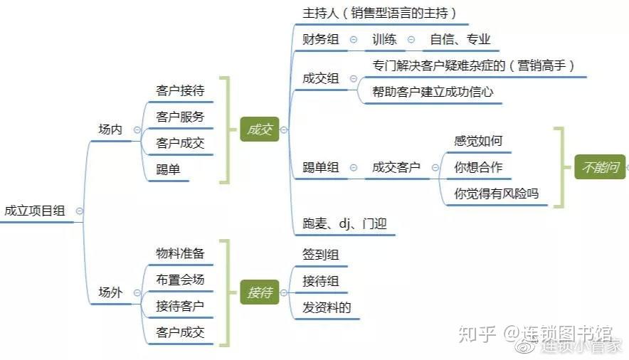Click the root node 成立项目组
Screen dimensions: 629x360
34,211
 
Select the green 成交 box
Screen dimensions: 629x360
260,129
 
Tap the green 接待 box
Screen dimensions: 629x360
260,292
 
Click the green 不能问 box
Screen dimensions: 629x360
600,166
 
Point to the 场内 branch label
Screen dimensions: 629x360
110,129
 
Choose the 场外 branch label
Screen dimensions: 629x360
110,292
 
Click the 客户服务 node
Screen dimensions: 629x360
180,117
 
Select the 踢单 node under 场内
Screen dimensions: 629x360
168,169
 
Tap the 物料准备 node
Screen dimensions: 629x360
180,253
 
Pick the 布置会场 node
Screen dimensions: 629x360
180,280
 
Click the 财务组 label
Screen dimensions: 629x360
320,39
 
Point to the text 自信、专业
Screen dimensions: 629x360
460,39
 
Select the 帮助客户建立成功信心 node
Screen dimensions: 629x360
433,92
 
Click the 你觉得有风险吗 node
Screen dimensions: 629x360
496,194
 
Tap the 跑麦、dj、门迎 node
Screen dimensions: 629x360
344,223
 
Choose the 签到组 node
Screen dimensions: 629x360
320,255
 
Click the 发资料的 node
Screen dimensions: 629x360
327,307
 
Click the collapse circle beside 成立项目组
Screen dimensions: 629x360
80,211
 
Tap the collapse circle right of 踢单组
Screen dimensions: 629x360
354,168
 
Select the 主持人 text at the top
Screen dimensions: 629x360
320,14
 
